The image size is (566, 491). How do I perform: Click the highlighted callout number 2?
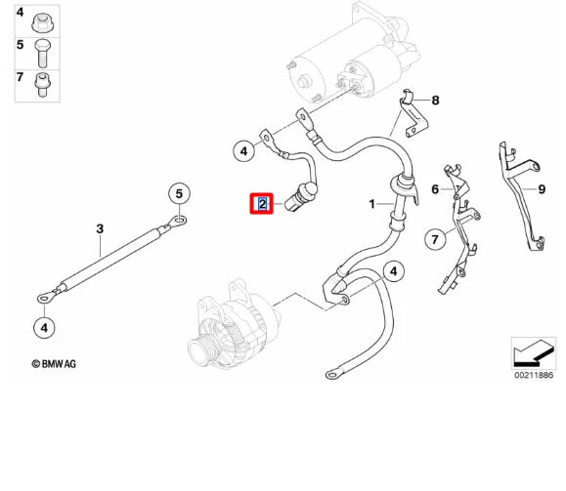click(x=262, y=204)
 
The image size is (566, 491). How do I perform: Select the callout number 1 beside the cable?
click(x=371, y=204)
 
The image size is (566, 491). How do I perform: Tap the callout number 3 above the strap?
click(x=100, y=229)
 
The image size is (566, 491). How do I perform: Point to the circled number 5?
click(x=179, y=194)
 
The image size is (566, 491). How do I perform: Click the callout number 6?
click(x=436, y=189)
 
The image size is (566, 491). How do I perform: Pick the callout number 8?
click(x=436, y=101)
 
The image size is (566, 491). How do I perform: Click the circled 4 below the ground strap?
click(x=44, y=326)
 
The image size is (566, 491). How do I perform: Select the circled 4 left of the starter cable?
click(x=243, y=150)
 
